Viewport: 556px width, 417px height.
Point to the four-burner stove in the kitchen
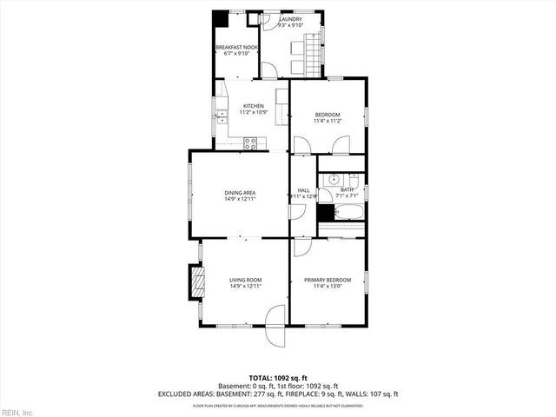251,144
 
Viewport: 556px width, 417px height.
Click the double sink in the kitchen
220,113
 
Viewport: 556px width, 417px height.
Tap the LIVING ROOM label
246,280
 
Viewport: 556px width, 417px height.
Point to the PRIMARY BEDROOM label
328,280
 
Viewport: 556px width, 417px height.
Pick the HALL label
303,190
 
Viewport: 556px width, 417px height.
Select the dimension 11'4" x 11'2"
328,122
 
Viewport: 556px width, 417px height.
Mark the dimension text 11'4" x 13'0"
328,287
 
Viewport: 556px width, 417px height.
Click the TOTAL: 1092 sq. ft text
278,378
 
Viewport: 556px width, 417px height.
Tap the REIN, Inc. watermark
17,411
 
